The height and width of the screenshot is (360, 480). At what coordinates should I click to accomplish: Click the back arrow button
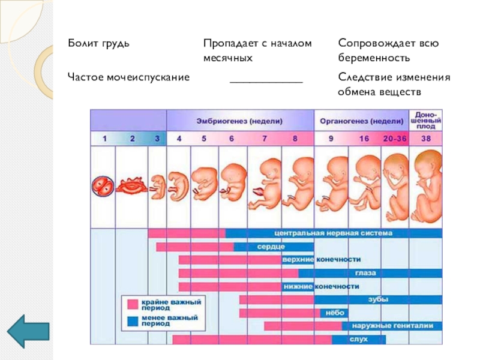point(28,330)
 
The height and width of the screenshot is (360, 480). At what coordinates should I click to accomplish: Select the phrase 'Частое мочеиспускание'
point(128,77)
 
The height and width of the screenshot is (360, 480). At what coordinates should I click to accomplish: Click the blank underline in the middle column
point(266,79)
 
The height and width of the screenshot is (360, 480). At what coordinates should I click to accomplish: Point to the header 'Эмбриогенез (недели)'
point(240,120)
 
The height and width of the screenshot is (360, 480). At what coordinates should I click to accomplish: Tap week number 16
point(364,139)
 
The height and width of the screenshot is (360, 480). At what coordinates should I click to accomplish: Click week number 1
point(104,139)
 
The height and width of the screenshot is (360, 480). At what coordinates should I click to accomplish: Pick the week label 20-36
point(395,139)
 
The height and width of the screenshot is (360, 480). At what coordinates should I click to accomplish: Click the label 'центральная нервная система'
point(332,233)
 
